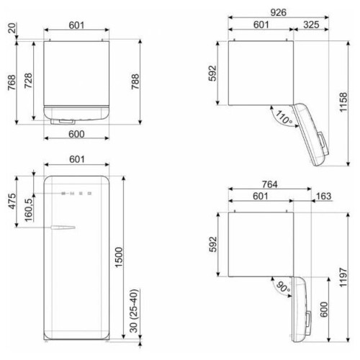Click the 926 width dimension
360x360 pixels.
pyautogui.click(x=278, y=12)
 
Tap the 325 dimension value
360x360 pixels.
pyautogui.click(x=311, y=24)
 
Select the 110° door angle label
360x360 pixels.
pyautogui.click(x=284, y=117)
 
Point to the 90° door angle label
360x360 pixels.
pyautogui.click(x=283, y=287)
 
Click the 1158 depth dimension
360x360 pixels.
pyautogui.click(x=343, y=102)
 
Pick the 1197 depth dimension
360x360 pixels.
pyautogui.click(x=343, y=277)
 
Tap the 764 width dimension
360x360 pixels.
pyautogui.click(x=269, y=184)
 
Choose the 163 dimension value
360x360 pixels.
pyautogui.click(x=324, y=196)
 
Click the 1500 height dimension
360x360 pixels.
pyautogui.click(x=119, y=258)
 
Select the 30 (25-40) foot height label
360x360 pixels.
pyautogui.click(x=134, y=311)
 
